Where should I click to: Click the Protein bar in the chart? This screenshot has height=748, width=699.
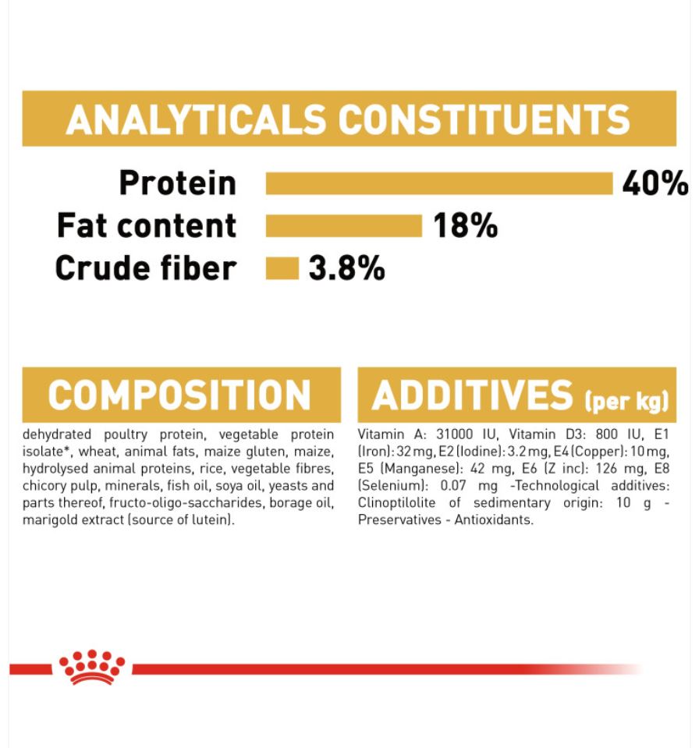click(439, 183)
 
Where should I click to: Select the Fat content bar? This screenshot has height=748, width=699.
click(344, 225)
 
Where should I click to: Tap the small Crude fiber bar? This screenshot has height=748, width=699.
click(282, 268)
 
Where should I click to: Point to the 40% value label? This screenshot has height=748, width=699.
click(655, 183)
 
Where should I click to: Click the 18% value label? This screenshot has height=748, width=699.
click(465, 225)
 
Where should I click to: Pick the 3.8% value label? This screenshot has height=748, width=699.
click(347, 268)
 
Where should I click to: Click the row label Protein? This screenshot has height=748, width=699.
click(178, 183)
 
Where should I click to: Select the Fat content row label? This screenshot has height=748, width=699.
click(147, 225)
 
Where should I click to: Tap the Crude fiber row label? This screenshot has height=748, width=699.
click(146, 268)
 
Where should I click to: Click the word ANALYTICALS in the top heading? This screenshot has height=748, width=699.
click(196, 119)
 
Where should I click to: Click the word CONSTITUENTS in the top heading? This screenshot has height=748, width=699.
click(484, 119)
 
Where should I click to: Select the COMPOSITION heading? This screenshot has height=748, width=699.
click(179, 395)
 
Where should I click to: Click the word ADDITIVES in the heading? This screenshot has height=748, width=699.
click(472, 395)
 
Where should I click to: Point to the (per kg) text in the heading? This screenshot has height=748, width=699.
click(627, 401)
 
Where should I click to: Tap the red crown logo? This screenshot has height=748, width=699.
click(91, 667)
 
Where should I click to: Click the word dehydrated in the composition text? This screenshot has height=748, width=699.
click(57, 434)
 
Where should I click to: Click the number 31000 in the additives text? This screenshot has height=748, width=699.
click(455, 434)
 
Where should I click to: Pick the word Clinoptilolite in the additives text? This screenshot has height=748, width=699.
click(396, 503)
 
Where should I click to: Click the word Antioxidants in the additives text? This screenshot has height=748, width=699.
click(494, 520)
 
